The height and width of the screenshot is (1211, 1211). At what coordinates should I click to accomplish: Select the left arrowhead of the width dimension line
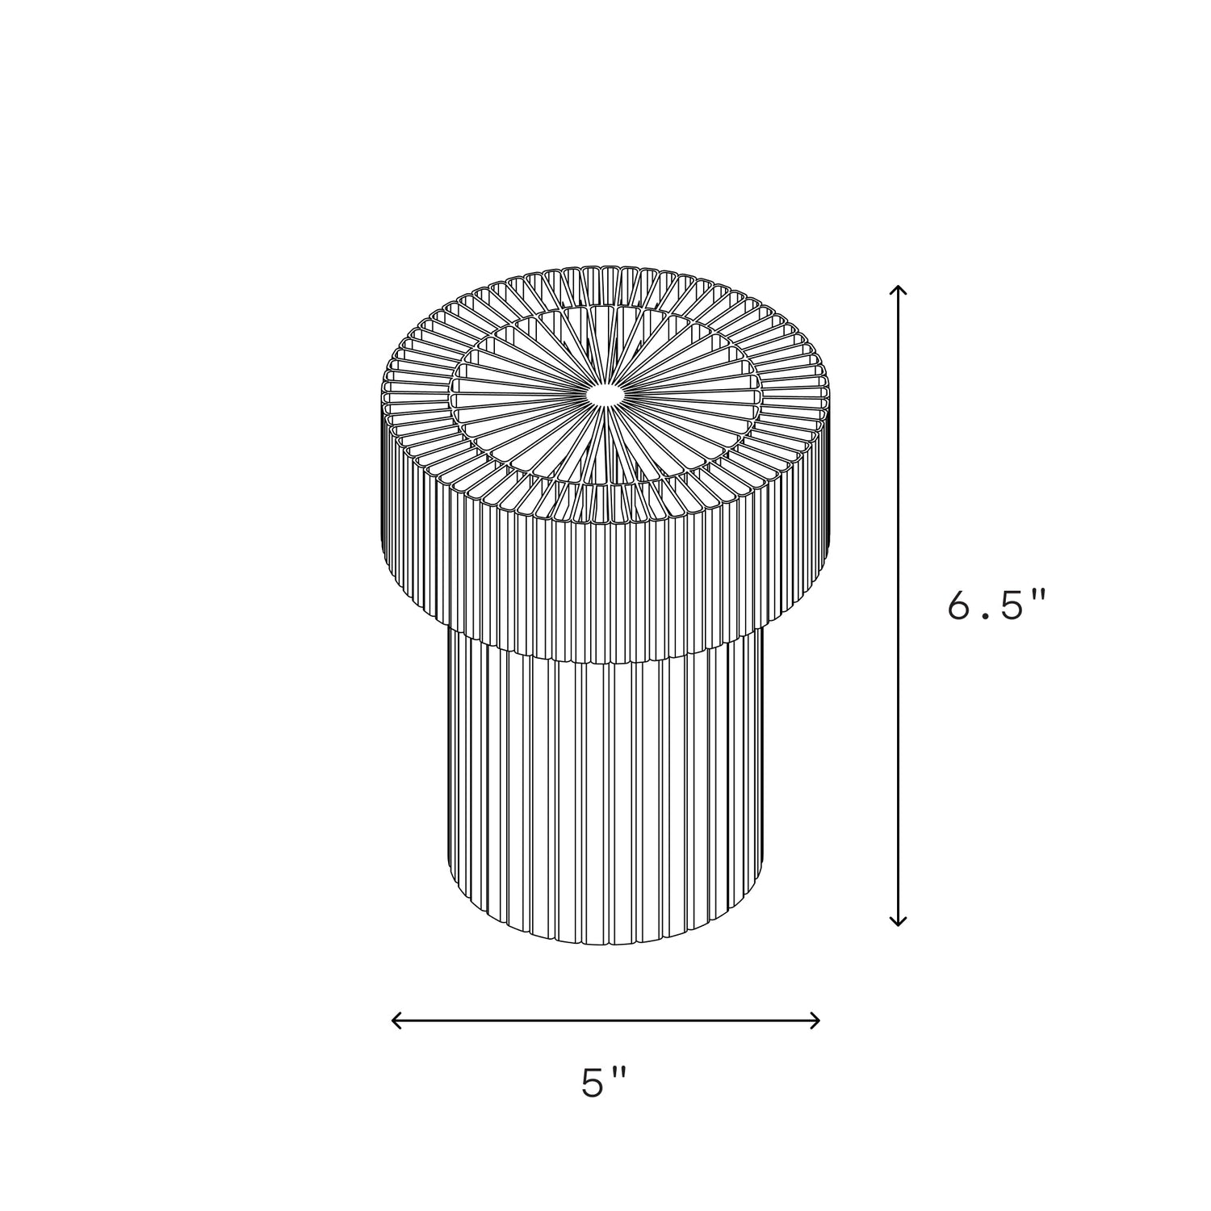(x=396, y=1020)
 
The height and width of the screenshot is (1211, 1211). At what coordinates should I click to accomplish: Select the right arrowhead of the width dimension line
(x=815, y=1020)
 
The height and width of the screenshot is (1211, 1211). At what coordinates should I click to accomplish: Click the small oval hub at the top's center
(x=605, y=394)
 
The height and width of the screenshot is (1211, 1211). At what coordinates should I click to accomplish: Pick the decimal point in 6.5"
(x=987, y=618)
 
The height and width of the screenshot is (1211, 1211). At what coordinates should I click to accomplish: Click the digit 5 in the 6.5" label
(x=1012, y=605)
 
